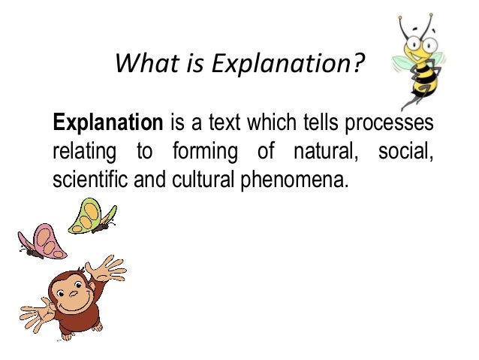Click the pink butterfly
pos(41,241)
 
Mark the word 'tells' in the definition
pos(326,123)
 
